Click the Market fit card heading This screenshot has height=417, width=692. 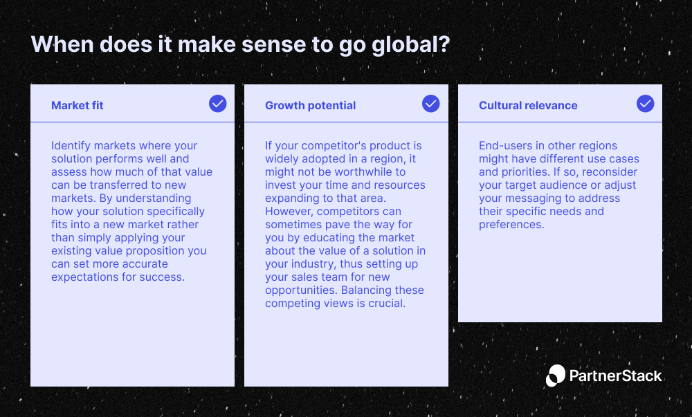(78, 106)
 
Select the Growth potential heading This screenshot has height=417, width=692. (310, 106)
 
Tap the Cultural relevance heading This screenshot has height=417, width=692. (528, 106)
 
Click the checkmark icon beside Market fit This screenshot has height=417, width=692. (217, 104)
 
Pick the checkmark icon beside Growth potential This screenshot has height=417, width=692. (431, 104)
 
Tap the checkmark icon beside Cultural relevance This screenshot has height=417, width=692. (645, 104)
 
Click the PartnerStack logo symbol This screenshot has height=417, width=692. (555, 376)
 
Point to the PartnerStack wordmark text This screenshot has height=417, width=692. (615, 376)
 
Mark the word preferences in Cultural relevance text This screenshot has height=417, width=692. (511, 225)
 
